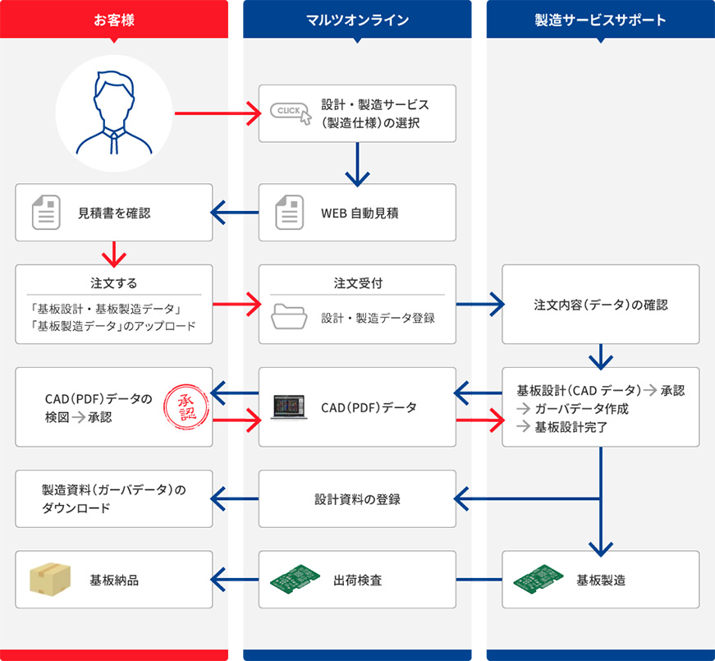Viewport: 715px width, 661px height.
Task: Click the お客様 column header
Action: pyautogui.click(x=114, y=20)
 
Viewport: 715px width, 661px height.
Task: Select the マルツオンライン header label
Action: pyautogui.click(x=357, y=20)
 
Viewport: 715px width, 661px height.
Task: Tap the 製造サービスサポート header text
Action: pyautogui.click(x=600, y=20)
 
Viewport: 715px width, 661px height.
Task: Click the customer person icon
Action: pyautogui.click(x=114, y=112)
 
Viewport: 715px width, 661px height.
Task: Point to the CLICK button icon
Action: pyautogui.click(x=291, y=112)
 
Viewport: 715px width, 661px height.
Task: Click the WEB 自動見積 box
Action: pyautogui.click(x=357, y=213)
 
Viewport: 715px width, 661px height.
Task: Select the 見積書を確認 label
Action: pyautogui.click(x=114, y=213)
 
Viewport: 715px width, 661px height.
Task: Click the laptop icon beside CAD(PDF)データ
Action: pyautogui.click(x=291, y=407)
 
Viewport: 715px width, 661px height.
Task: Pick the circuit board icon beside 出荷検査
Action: pyautogui.click(x=295, y=580)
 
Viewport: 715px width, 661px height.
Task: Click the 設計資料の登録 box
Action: pyautogui.click(x=357, y=498)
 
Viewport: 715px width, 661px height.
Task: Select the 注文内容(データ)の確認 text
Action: pyautogui.click(x=600, y=305)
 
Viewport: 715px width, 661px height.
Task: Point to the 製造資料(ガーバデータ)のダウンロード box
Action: pyautogui.click(x=114, y=498)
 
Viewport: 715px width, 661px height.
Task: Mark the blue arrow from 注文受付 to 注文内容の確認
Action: pyautogui.click(x=479, y=305)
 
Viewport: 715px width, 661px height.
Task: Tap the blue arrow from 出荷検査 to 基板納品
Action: pyautogui.click(x=236, y=580)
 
